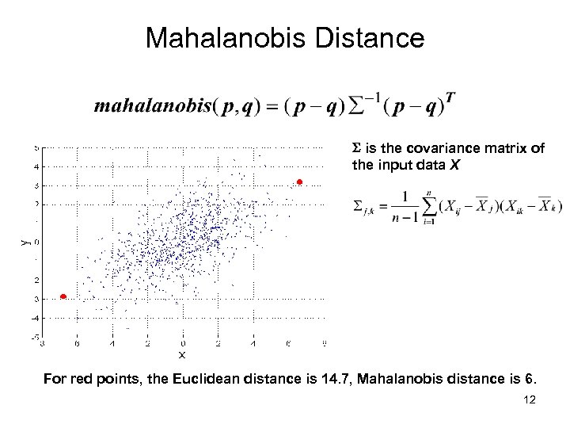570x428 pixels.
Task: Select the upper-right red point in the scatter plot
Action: click(x=299, y=182)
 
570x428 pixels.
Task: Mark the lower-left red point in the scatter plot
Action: click(x=63, y=296)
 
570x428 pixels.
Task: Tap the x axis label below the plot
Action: click(x=181, y=354)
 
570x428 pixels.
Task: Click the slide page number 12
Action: click(x=530, y=399)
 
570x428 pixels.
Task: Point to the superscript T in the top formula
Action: click(x=450, y=97)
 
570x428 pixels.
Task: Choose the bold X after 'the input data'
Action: click(x=453, y=165)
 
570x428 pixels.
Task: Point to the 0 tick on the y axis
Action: click(x=36, y=242)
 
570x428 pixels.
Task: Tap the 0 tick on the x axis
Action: click(x=183, y=343)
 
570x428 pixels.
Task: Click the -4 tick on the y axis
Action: click(x=36, y=317)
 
